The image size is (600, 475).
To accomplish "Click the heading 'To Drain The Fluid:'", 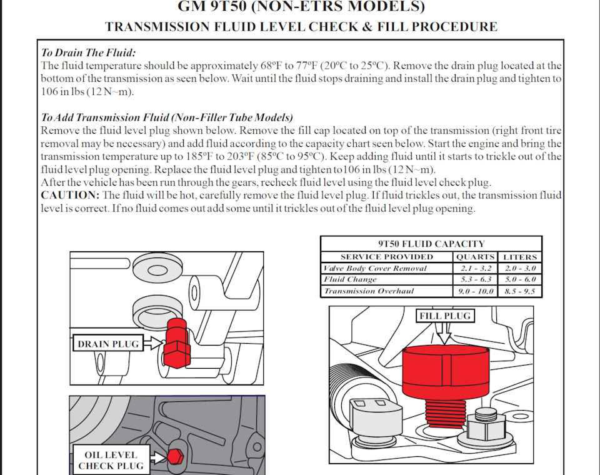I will pos(88,52).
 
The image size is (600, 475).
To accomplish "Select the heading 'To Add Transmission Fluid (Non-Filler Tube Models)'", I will pos(167,117).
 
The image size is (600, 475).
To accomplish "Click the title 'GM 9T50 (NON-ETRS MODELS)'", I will pos(301,7).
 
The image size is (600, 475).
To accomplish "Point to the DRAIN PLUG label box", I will pos(109,344).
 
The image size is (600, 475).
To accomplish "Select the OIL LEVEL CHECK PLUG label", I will pos(111,460).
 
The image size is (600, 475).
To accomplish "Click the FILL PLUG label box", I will pos(445,316).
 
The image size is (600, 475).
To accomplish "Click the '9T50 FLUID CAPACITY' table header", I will pos(431,244).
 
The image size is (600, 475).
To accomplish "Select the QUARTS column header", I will pos(476,257).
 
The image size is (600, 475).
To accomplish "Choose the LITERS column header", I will pos(520,257).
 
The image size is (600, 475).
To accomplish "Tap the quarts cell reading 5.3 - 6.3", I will pos(476,279).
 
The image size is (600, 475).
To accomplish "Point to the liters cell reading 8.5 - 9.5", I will pos(520,291).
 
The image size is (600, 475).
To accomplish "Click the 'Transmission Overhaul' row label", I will pos(369,291).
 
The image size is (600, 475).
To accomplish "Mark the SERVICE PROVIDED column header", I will pos(386,257).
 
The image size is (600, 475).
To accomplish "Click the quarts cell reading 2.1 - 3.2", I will pos(476,268).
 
